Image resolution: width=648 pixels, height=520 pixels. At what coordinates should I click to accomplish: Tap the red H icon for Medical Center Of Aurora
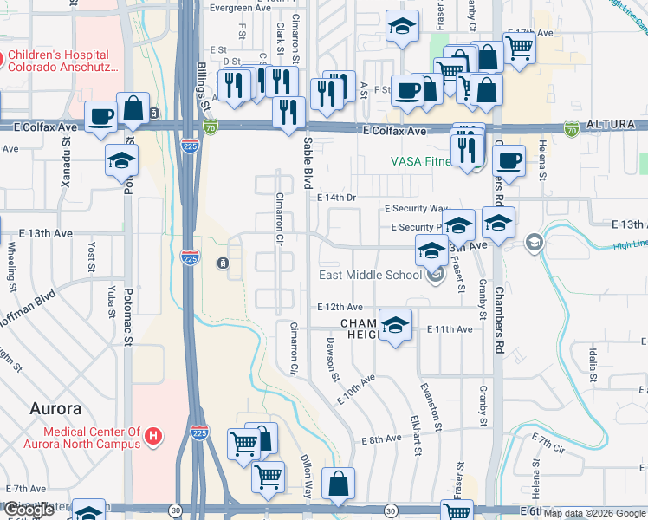(153, 436)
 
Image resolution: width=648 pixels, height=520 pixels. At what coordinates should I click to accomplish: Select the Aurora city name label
(55, 408)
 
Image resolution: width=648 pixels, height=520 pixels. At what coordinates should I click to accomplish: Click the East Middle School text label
(370, 276)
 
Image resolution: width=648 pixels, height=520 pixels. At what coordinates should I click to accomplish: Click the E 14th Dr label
(336, 198)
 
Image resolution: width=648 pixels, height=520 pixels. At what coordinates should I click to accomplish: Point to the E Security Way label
(416, 209)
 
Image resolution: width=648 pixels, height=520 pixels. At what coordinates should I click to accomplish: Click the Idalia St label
(593, 363)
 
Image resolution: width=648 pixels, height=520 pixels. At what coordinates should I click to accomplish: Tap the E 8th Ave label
(382, 439)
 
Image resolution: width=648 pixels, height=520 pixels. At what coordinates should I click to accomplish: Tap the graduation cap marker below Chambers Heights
(395, 326)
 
